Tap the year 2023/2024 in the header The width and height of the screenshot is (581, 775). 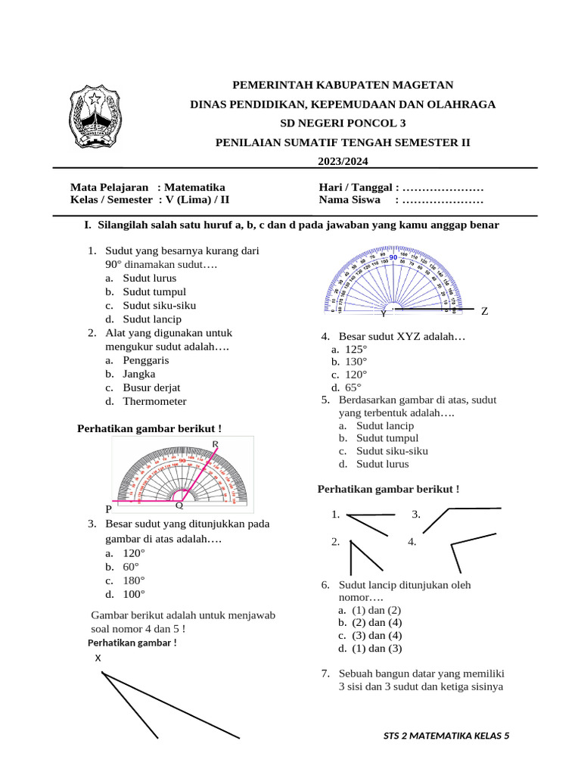click(x=342, y=161)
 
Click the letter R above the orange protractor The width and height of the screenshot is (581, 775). click(x=216, y=444)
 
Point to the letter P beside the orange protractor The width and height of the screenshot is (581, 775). click(x=109, y=509)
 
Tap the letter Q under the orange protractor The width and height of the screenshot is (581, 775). click(x=179, y=506)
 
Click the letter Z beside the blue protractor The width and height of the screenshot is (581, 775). click(x=485, y=311)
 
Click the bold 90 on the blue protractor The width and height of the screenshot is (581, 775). click(x=393, y=259)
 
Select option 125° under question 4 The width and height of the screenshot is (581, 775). click(x=356, y=349)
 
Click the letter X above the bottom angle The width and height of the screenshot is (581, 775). click(x=98, y=658)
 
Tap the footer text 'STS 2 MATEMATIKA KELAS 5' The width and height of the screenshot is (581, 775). click(x=446, y=736)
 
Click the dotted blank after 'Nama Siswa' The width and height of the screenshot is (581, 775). click(x=443, y=201)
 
